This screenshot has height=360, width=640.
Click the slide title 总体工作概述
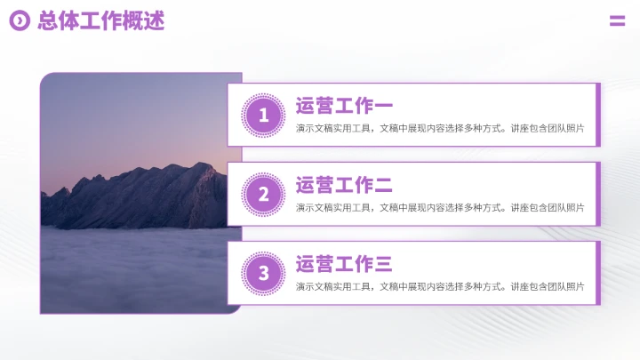click(100, 21)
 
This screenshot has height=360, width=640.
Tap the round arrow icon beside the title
click(19, 21)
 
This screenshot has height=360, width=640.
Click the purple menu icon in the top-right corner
click(617, 21)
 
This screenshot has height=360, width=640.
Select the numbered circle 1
click(263, 115)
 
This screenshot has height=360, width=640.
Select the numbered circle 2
click(263, 194)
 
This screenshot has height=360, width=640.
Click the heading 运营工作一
click(343, 107)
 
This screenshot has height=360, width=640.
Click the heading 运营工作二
click(343, 186)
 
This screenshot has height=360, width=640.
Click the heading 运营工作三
click(343, 264)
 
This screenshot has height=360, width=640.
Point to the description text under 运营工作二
click(440, 208)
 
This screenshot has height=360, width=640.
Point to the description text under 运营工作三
click(440, 287)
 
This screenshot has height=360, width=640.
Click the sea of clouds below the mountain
click(133, 267)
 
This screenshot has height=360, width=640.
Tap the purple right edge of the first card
click(598, 115)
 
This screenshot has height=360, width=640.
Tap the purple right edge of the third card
click(598, 273)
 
